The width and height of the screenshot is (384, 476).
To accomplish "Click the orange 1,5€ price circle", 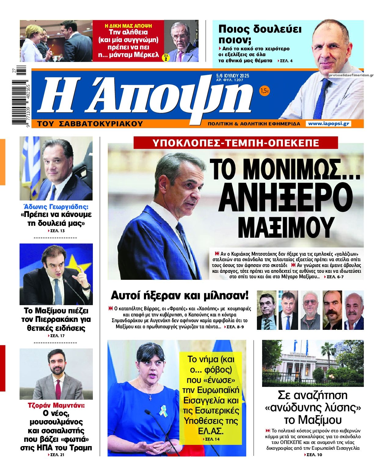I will coord(265,91).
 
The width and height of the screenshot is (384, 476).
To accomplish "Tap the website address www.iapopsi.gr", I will coord(328,124).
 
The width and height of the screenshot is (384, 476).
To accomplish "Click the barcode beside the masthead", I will coord(21,97).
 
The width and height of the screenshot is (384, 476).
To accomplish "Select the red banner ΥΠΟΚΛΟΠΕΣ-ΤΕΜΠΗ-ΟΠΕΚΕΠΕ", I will coord(236,142).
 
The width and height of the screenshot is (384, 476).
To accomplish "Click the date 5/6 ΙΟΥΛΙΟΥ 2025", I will coord(232,76).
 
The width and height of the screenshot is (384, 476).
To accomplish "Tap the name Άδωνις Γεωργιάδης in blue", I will coord(56,206).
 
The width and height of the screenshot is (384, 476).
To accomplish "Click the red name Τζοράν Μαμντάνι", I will coord(56,406).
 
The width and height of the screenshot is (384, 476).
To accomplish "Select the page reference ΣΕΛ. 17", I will coord(57,336).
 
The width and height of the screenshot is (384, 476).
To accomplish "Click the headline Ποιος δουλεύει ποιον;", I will coord(260,34).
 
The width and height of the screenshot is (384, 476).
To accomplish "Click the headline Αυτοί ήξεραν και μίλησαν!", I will coord(180,295).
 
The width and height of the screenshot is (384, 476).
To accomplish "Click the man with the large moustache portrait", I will coord(332,310).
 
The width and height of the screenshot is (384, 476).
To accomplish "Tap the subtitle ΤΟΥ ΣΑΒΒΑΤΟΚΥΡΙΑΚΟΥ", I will coord(90,124).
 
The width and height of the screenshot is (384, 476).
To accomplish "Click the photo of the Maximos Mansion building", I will coord(313,363).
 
